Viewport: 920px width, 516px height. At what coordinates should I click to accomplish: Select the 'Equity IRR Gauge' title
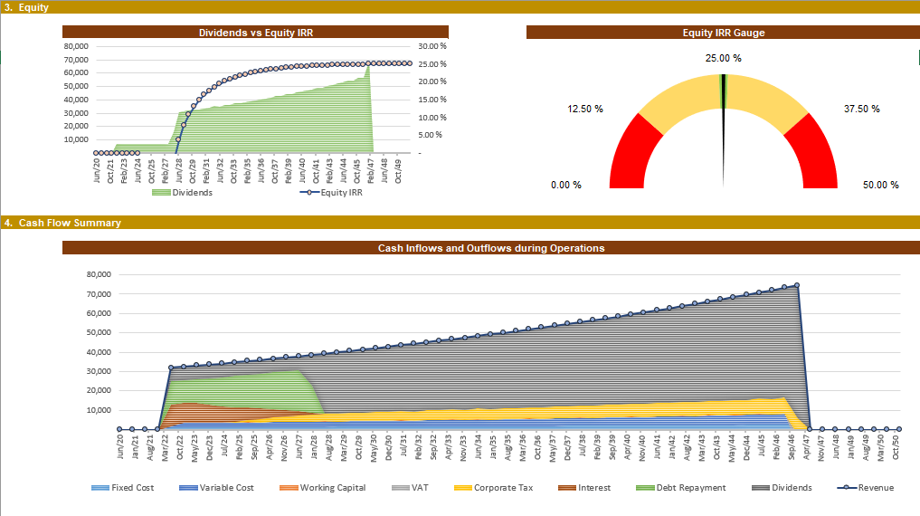coord(724,33)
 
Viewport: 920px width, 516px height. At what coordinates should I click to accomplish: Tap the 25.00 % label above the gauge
coord(723,58)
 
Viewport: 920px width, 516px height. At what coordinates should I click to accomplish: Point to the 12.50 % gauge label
coord(584,109)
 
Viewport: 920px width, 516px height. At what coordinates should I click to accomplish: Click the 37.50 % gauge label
coord(861,109)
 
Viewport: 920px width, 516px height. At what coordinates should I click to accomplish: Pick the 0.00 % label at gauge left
coord(566,185)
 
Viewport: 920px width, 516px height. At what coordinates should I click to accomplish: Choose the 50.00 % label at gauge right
coord(880,185)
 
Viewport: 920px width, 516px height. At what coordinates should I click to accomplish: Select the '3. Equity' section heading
coord(27,7)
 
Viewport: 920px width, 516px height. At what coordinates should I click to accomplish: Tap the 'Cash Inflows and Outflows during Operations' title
coord(490,248)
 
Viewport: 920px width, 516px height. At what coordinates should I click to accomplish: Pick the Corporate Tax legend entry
coord(496,488)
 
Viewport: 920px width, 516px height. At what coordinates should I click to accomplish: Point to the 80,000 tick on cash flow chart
coord(96,274)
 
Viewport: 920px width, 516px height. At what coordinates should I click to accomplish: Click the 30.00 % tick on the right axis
coord(432,46)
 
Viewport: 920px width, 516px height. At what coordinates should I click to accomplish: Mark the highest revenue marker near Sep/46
coord(796,286)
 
